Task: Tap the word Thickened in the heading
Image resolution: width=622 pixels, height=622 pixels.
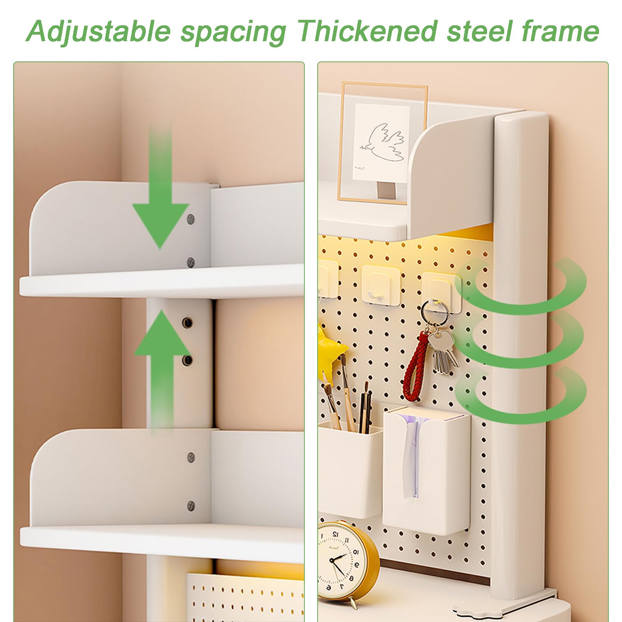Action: pos(367,31)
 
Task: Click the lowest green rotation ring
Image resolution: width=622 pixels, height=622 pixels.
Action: pos(521,397)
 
